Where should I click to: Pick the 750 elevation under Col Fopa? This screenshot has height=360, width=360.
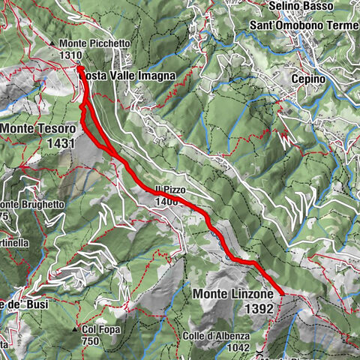tap(91, 340)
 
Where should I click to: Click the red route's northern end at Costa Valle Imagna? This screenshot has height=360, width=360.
tap(79, 68)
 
